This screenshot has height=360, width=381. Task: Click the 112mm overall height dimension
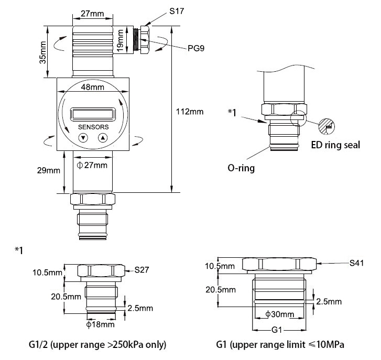189,112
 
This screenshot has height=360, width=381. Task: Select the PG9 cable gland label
196,48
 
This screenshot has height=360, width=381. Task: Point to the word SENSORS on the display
93,127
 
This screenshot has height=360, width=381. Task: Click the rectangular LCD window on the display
93,113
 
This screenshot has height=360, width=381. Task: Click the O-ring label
241,169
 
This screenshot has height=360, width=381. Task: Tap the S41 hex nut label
358,261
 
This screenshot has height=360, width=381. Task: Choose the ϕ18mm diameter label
100,324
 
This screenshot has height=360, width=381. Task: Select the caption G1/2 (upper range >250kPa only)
97,345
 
